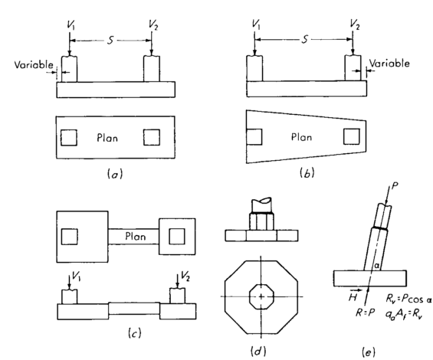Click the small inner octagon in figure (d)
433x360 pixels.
261,295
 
